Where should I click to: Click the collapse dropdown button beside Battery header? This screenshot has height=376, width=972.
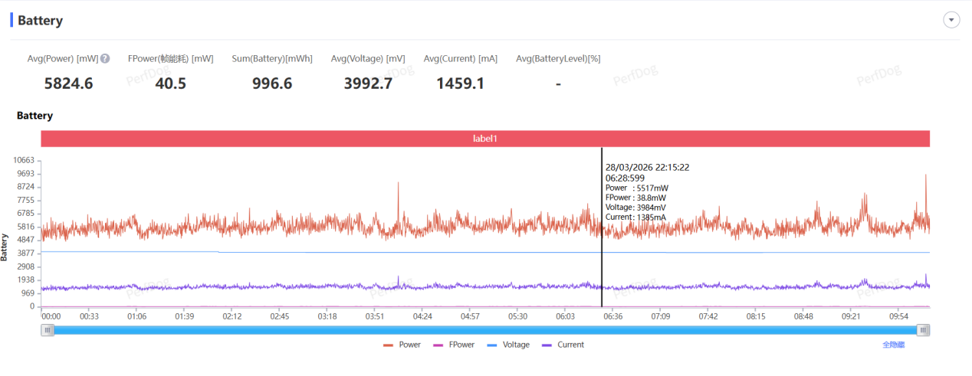pos(951,21)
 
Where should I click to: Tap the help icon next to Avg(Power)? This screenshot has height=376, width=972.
pos(105,58)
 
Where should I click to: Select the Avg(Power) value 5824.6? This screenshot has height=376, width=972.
pos(68,83)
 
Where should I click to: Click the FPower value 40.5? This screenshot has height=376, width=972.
pos(170,83)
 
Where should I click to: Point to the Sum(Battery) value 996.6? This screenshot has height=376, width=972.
pos(272,83)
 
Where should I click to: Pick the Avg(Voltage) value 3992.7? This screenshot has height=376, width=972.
pos(367,83)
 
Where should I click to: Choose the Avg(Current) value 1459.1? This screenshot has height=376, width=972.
pos(460,83)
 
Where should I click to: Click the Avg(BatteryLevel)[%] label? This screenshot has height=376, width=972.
pos(557,58)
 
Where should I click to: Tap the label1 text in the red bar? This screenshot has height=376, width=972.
pos(485,139)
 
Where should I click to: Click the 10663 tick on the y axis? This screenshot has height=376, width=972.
pos(25,160)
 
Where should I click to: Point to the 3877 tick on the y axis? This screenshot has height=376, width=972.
pos(26,253)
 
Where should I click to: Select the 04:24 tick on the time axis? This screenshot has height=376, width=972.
pos(422,316)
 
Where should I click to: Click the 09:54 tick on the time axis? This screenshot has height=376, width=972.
pos(898,316)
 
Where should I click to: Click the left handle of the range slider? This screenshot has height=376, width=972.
pos(48,330)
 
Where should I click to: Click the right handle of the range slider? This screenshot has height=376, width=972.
pos(924,330)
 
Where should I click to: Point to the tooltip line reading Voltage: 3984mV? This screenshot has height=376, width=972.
pos(636,207)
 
